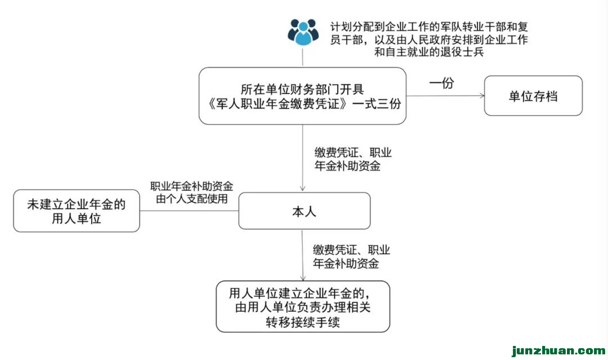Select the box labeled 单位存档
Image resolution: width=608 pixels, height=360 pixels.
[533, 96]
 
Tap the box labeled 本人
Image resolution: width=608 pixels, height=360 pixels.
[304, 211]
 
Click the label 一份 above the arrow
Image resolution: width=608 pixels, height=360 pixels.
[441, 83]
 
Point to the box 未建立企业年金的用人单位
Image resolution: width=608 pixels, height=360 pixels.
[77, 211]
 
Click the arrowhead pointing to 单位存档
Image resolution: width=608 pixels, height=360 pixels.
[481, 96]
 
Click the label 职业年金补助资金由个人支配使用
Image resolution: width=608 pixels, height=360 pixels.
[192, 192]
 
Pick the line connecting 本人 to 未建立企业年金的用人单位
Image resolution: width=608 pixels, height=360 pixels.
[189, 211]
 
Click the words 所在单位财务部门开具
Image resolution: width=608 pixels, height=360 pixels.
[303, 89]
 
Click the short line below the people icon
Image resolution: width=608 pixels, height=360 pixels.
[303, 57]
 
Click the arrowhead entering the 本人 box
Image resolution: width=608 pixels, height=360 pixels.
[303, 190]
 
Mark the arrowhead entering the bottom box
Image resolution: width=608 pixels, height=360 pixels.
[303, 278]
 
